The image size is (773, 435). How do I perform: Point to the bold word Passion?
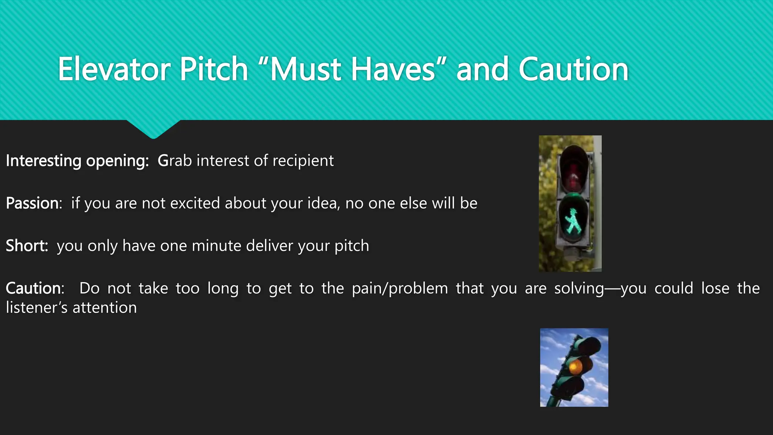tap(32, 203)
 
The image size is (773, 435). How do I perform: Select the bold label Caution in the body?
tap(34, 288)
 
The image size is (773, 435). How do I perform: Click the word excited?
tap(195, 203)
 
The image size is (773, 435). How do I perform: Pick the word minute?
tap(217, 246)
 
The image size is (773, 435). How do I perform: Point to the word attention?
tap(105, 308)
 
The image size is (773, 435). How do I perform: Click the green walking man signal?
tap(573, 221)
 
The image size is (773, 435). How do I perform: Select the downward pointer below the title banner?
tap(153, 130)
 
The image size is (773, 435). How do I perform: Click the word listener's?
tap(37, 308)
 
